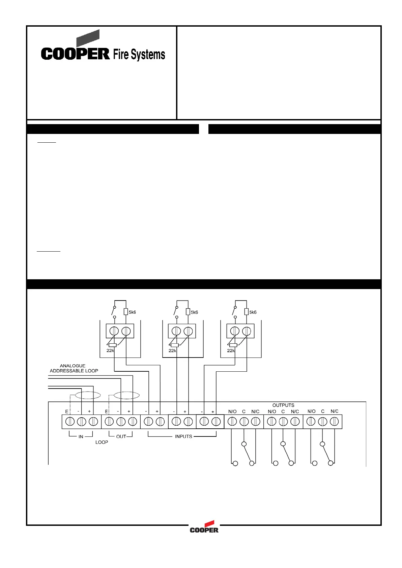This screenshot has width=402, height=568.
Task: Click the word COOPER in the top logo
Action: [x=75, y=54]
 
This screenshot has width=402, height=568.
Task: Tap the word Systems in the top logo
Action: [x=148, y=55]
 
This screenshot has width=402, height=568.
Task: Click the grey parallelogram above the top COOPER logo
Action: [x=88, y=38]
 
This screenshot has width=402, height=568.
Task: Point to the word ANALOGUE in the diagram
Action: [x=73, y=366]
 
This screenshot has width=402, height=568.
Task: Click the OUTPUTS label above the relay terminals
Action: [x=283, y=405]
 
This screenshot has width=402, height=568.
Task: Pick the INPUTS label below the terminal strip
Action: [x=183, y=436]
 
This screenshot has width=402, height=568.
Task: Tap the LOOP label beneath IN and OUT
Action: [x=102, y=442]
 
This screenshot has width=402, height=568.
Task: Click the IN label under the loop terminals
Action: [x=81, y=436]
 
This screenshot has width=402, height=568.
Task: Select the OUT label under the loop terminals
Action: [x=121, y=436]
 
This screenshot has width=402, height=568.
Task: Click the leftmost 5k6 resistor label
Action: [x=132, y=312]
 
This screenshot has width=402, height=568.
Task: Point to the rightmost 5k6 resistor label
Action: [x=253, y=312]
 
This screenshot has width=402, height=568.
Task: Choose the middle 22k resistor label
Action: [x=172, y=351]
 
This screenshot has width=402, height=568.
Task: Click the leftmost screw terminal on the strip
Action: [x=70, y=421]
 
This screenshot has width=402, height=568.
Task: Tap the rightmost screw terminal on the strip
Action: [x=334, y=421]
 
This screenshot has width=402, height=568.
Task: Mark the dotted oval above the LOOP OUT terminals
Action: [x=126, y=395]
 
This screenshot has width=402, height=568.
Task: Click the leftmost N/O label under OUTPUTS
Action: [x=232, y=411]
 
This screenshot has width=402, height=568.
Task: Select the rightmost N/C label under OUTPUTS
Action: [x=334, y=411]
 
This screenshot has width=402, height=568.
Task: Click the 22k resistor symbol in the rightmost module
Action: [x=233, y=345]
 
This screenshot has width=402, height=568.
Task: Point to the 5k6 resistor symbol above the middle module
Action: [x=188, y=312]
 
